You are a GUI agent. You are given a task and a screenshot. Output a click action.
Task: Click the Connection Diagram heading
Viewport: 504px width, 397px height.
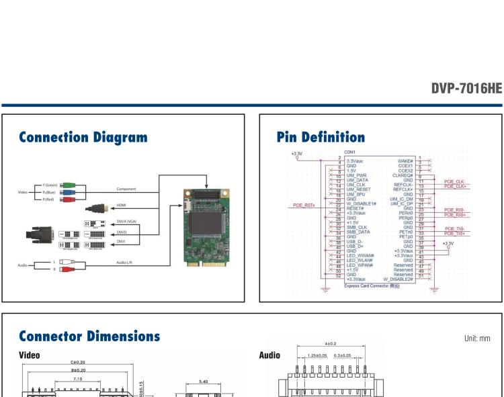coord(83,138)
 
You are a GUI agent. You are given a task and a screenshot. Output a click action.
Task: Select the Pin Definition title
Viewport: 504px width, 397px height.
coord(321,138)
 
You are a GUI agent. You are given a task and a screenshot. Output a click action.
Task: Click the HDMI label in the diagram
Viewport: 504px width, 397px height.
coord(122,206)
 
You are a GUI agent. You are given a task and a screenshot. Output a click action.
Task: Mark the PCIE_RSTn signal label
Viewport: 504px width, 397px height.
coord(305,206)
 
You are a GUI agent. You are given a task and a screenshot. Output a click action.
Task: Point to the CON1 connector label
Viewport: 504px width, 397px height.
coord(350,152)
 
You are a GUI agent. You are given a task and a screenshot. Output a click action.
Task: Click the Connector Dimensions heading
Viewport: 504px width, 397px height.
coord(90,336)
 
